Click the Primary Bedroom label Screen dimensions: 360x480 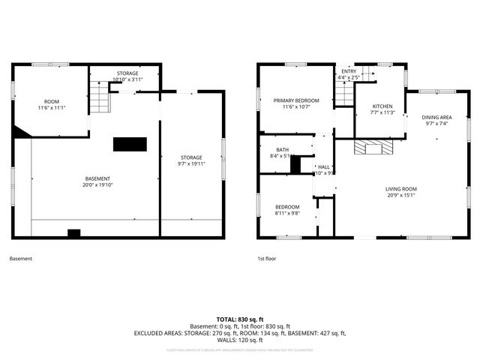pos(295,103)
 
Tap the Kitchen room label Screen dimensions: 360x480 pos(382,109)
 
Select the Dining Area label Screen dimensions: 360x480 pos(436,120)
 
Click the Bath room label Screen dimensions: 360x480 pos(281,153)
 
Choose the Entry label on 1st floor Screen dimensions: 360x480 pos(349,73)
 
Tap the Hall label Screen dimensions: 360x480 pos(324,169)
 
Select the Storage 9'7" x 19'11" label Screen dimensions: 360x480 pos(191,160)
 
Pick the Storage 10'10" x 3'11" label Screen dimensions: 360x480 pos(127,76)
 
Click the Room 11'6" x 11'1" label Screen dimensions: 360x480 pos(51,105)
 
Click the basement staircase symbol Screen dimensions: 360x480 pos(100,97)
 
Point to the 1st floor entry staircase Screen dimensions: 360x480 pos(343,94)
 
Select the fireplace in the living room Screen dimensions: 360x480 pos(373,147)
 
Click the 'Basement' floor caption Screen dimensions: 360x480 pos(20,259)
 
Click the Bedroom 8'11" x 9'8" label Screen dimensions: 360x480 pos(286,210)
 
